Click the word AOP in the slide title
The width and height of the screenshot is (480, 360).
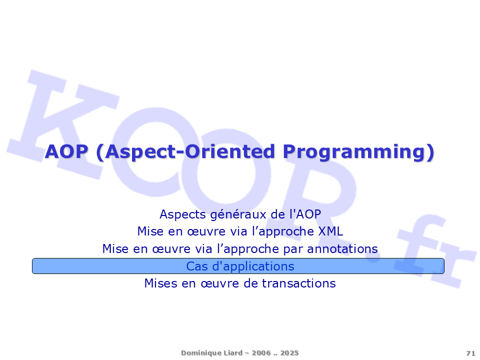(x=66, y=151)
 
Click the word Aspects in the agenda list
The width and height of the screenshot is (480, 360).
(x=183, y=214)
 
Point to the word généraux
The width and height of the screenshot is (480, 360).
(x=238, y=214)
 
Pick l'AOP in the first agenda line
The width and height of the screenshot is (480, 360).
(x=305, y=214)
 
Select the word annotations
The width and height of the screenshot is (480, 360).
(x=342, y=248)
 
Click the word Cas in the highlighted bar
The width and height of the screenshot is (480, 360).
(x=197, y=266)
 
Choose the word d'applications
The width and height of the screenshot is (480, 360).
(x=253, y=266)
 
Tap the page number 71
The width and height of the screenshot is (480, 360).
(x=470, y=353)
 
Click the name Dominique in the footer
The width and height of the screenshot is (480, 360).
(x=199, y=353)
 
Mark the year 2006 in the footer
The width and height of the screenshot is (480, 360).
(x=261, y=353)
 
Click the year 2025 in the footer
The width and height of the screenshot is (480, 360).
(x=289, y=353)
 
